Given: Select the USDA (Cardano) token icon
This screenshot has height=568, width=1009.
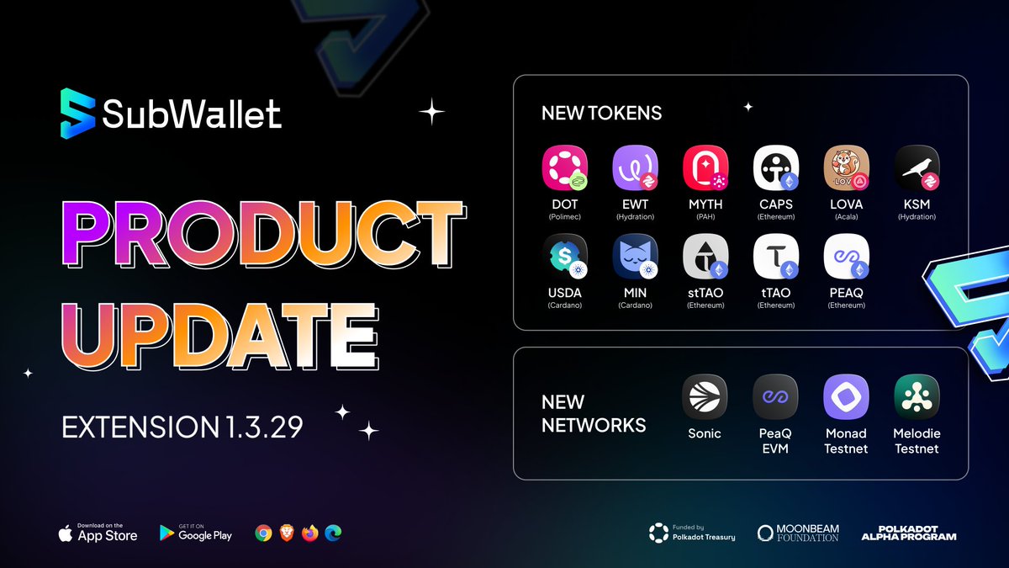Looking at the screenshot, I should pos(564,256).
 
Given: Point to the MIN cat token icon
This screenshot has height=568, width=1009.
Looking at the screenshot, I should pos(635,256).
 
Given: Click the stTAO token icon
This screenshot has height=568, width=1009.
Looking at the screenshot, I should pos(705,256).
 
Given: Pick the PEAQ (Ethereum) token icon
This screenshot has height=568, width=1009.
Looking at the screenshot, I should pos(845,256).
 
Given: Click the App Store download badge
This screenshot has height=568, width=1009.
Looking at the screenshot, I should pos(98,533).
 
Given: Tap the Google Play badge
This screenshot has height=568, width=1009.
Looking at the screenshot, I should pos(195,533).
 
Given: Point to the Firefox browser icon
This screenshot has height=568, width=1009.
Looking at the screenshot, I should pos(309,533).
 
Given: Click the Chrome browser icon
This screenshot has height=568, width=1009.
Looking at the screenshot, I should pos(263,533).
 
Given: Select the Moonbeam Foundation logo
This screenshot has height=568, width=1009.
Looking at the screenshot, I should pos(797,533).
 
